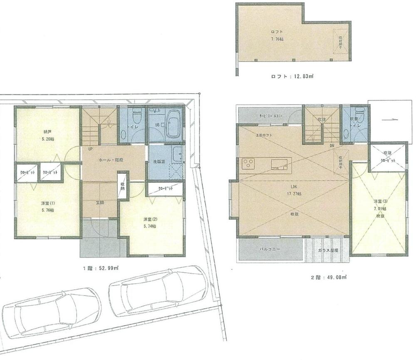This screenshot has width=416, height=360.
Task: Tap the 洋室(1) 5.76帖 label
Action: [47, 207]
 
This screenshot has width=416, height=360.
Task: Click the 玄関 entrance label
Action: [100, 203]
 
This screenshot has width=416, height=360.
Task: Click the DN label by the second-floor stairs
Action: [332, 145]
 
